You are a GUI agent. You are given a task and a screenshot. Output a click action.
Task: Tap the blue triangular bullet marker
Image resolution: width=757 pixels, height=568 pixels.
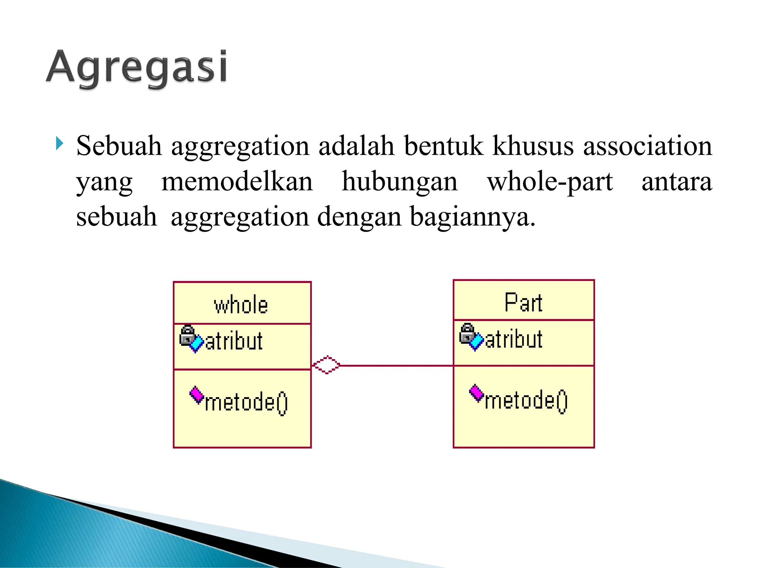(x=60, y=143)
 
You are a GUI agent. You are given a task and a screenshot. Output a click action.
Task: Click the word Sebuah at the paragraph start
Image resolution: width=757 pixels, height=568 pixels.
(x=119, y=146)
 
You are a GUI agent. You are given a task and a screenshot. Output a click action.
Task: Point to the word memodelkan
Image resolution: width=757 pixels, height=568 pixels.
(x=237, y=182)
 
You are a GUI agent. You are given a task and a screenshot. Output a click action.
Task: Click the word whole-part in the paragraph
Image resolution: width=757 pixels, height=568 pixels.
(x=550, y=182)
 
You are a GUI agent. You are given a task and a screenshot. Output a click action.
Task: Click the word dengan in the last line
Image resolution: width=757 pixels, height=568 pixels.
(x=359, y=217)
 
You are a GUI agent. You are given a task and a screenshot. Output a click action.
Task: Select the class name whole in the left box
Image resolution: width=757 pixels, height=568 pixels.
(x=241, y=305)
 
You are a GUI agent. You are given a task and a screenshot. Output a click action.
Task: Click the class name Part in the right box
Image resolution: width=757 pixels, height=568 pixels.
(x=523, y=303)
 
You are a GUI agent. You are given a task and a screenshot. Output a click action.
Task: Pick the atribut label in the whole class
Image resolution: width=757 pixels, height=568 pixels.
(x=234, y=341)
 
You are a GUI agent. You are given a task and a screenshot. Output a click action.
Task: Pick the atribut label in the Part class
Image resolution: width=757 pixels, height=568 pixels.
(x=514, y=339)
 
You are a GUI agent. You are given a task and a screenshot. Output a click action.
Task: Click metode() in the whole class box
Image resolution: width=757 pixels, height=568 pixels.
(x=246, y=402)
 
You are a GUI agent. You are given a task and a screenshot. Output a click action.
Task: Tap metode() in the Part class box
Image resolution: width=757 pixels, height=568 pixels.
(x=526, y=400)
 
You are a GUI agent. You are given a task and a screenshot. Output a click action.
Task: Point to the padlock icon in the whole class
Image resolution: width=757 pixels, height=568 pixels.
(x=187, y=335)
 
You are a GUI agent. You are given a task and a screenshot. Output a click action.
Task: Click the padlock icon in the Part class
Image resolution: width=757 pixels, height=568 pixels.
(x=467, y=333)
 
